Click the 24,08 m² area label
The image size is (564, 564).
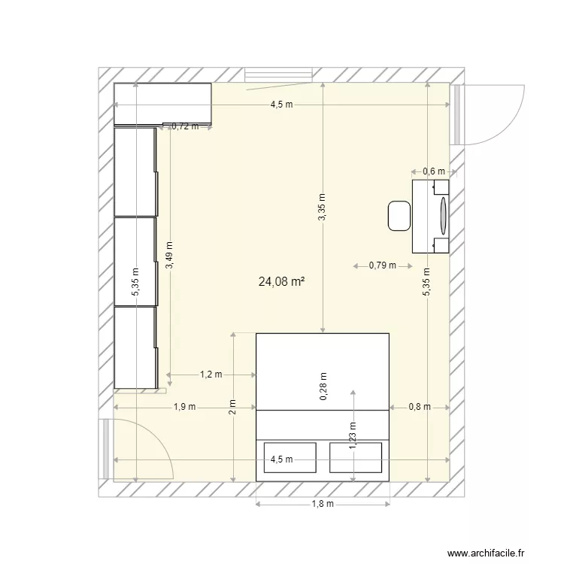tap(281, 283)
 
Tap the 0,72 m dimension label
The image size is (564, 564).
tap(185, 126)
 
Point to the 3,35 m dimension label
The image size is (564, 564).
tap(322, 207)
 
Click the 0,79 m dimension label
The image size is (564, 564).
tap(382, 265)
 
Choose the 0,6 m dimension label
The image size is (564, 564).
tap(432, 171)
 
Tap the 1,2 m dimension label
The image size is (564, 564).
tap(211, 374)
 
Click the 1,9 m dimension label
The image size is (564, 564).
tap(184, 407)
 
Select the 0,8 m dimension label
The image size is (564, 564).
tap(419, 407)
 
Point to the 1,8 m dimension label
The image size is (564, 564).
tap(323, 504)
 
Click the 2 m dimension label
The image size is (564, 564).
tap(232, 407)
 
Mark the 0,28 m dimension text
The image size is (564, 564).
tap(323, 387)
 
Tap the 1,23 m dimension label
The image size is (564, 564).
tap(352, 435)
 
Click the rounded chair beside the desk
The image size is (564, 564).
tap(399, 216)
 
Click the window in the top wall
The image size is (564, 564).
tap(279, 74)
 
